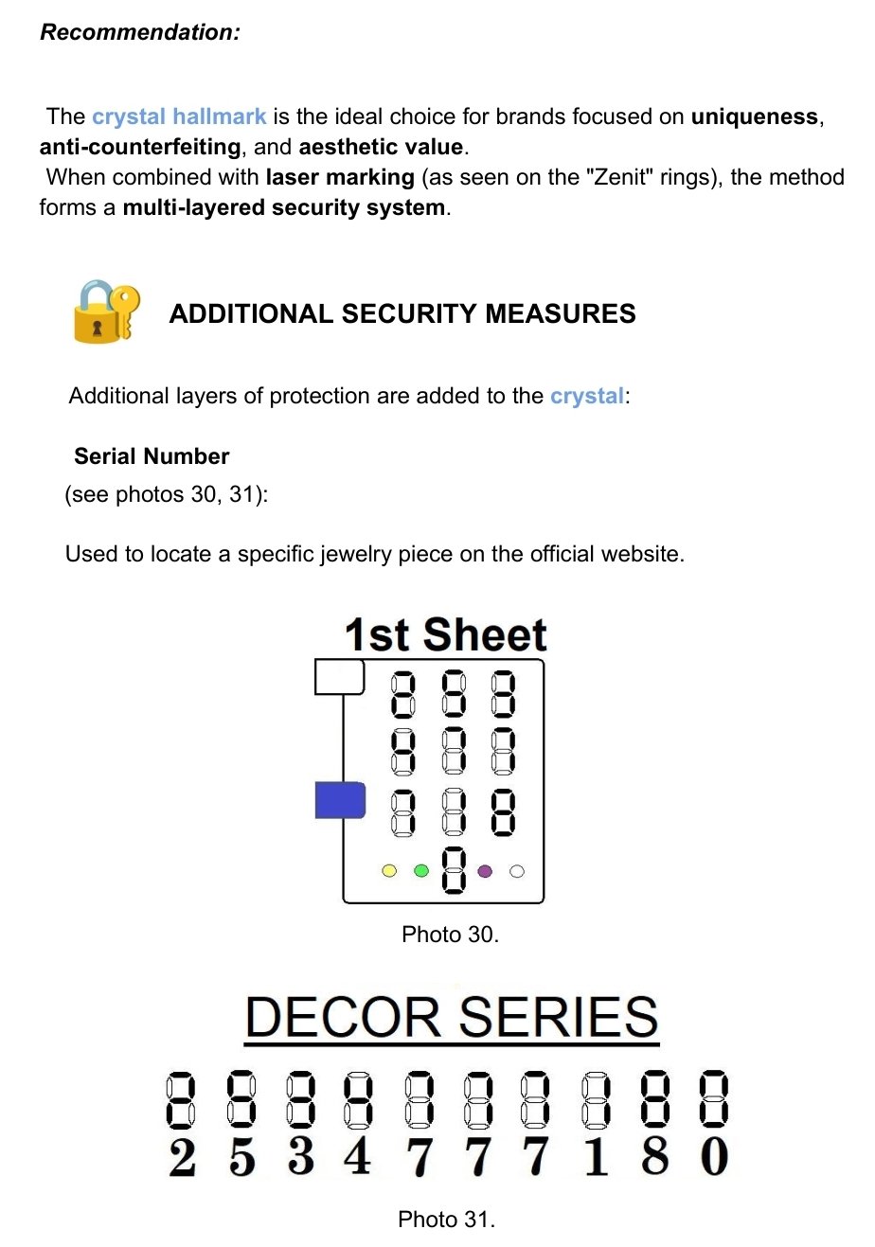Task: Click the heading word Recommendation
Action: (137, 32)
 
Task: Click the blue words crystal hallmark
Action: (179, 116)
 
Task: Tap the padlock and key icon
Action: (106, 311)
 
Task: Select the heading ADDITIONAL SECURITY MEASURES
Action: (402, 312)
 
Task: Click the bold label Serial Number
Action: (152, 456)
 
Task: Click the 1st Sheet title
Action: (445, 634)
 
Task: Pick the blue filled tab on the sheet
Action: (340, 799)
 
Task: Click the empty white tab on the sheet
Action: (339, 676)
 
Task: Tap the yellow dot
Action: (389, 871)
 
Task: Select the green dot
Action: (421, 871)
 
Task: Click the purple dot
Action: (485, 871)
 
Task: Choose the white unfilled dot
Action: (516, 871)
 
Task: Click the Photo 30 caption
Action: (450, 935)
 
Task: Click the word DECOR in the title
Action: (342, 1017)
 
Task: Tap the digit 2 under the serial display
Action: (182, 1157)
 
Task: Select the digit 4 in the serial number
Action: (357, 1156)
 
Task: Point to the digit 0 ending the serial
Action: (714, 1157)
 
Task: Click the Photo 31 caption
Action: (446, 1220)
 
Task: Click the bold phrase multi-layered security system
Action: (284, 207)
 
